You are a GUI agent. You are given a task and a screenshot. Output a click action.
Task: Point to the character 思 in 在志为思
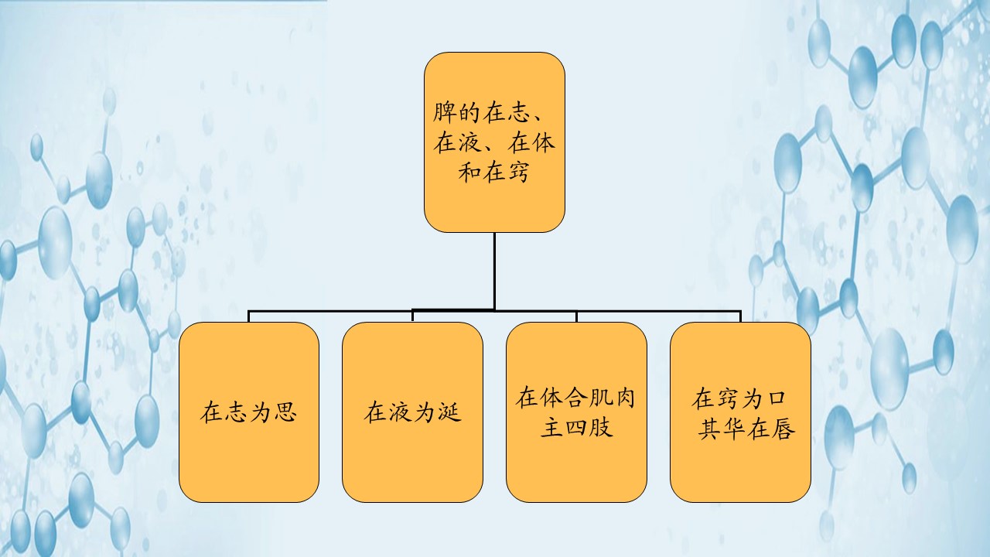(285, 412)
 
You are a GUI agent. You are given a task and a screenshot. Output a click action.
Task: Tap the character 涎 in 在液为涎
(449, 412)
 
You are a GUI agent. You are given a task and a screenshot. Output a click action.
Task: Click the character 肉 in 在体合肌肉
(625, 398)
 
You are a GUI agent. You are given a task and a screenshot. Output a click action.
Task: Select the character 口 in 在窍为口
(777, 400)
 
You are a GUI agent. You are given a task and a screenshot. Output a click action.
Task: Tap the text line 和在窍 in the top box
(494, 173)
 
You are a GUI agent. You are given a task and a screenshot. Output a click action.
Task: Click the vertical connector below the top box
(494, 271)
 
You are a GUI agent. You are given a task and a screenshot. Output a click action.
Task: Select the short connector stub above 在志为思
(248, 316)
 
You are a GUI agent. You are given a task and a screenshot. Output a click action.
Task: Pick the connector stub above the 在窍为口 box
(740, 316)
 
